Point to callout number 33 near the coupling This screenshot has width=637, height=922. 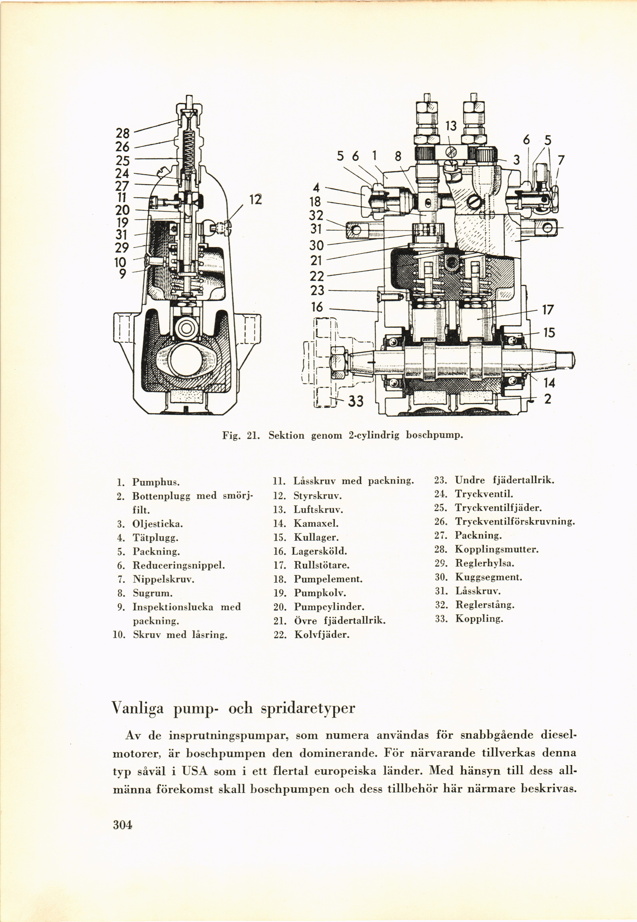(x=356, y=401)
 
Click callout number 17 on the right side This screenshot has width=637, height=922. (x=548, y=310)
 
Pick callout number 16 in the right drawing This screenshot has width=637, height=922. (x=317, y=307)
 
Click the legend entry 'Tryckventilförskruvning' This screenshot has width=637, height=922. (x=515, y=521)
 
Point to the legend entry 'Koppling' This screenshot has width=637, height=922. (x=479, y=619)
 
